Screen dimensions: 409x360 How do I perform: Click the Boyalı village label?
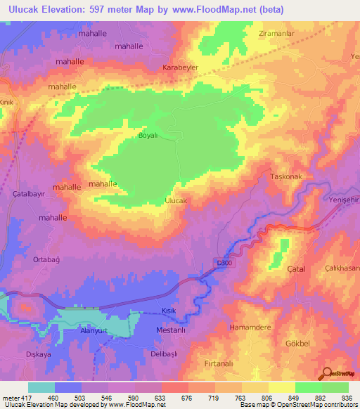click(x=150, y=135)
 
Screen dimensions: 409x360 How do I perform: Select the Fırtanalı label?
click(x=219, y=363)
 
